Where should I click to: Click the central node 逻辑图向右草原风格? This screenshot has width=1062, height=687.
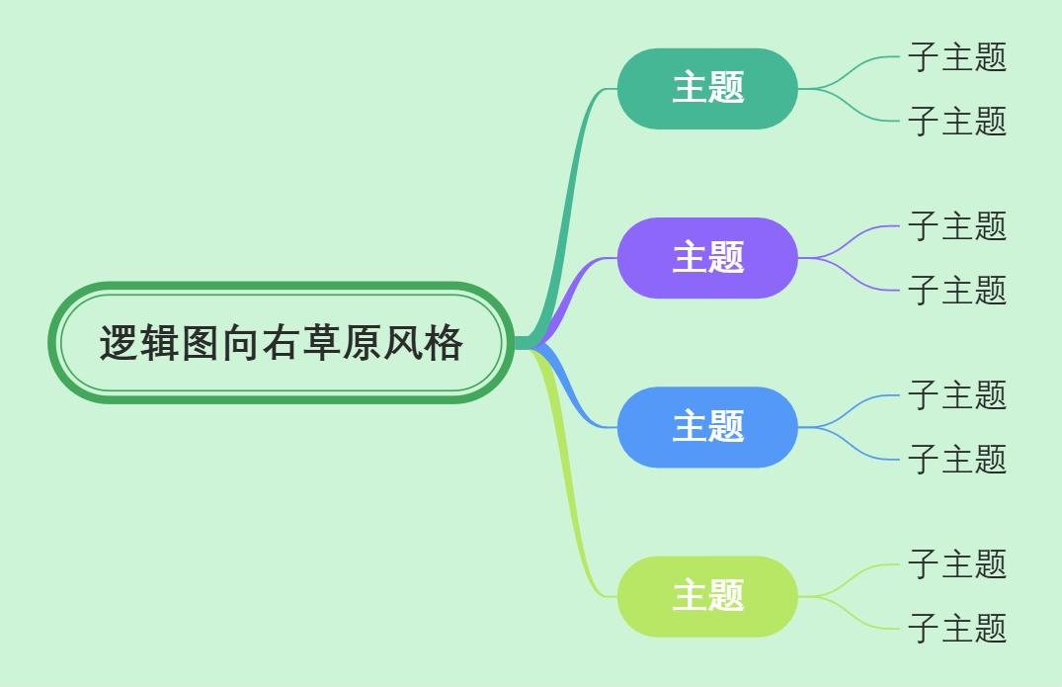(x=282, y=343)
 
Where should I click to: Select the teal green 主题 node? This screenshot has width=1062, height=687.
(x=707, y=88)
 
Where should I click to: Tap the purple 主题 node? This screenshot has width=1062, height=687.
(x=707, y=257)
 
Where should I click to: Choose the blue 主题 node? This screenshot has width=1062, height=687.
(x=707, y=426)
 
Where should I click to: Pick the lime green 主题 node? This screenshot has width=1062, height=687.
(x=707, y=595)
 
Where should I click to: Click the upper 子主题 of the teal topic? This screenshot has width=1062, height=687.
(x=956, y=56)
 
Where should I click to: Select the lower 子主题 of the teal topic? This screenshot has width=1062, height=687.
(x=956, y=121)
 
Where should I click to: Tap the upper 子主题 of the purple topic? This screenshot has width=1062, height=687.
(x=956, y=225)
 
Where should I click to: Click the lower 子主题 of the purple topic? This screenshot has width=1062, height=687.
(x=956, y=290)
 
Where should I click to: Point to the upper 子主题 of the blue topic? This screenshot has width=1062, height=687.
(x=956, y=394)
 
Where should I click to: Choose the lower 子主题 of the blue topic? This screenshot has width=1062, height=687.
(x=956, y=459)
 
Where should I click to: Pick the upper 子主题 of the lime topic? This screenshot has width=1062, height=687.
(x=956, y=563)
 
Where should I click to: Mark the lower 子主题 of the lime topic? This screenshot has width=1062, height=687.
(x=956, y=628)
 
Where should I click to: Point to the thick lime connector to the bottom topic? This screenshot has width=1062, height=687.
(x=571, y=494)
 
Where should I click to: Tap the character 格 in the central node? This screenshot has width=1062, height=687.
(x=445, y=344)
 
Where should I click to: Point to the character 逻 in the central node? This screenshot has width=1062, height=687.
(x=118, y=344)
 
